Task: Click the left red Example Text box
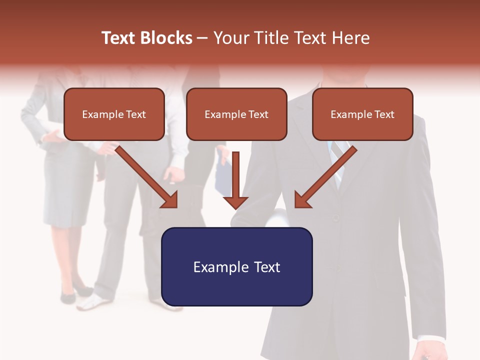tap(114, 114)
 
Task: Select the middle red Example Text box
tap(236, 114)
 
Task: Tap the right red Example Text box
tap(362, 114)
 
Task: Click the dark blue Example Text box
tap(236, 267)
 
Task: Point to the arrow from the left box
tap(148, 177)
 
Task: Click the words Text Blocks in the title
tap(147, 38)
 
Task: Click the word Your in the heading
tap(230, 38)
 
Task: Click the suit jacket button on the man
tap(336, 218)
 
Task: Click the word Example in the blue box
tap(218, 267)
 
